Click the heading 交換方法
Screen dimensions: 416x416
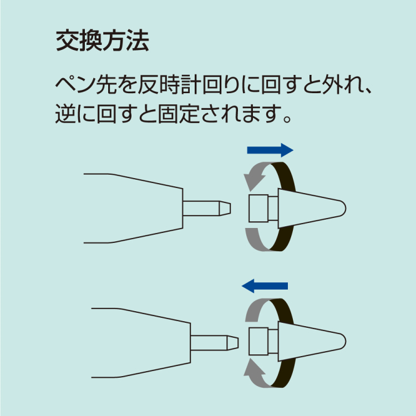click(x=102, y=42)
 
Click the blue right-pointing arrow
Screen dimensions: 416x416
click(x=270, y=150)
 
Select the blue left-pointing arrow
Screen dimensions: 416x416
click(x=265, y=286)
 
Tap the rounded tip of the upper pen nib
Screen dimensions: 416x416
click(x=342, y=208)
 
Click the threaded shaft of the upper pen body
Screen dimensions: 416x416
click(x=205, y=209)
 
